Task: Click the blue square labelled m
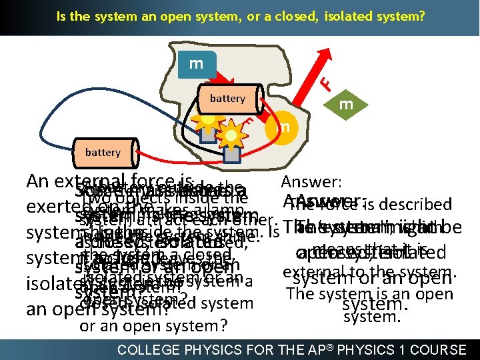(196, 64)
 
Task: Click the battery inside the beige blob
(227, 99)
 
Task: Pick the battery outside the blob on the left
(103, 152)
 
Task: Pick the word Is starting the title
(61, 15)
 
